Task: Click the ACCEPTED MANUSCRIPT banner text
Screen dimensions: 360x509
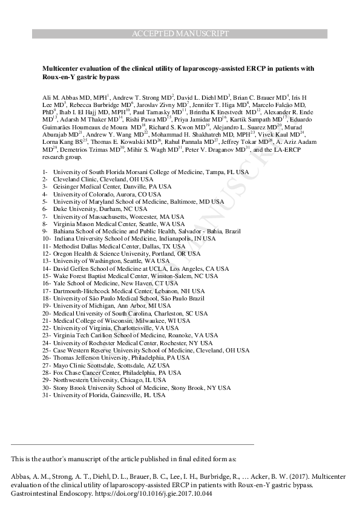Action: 180,34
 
